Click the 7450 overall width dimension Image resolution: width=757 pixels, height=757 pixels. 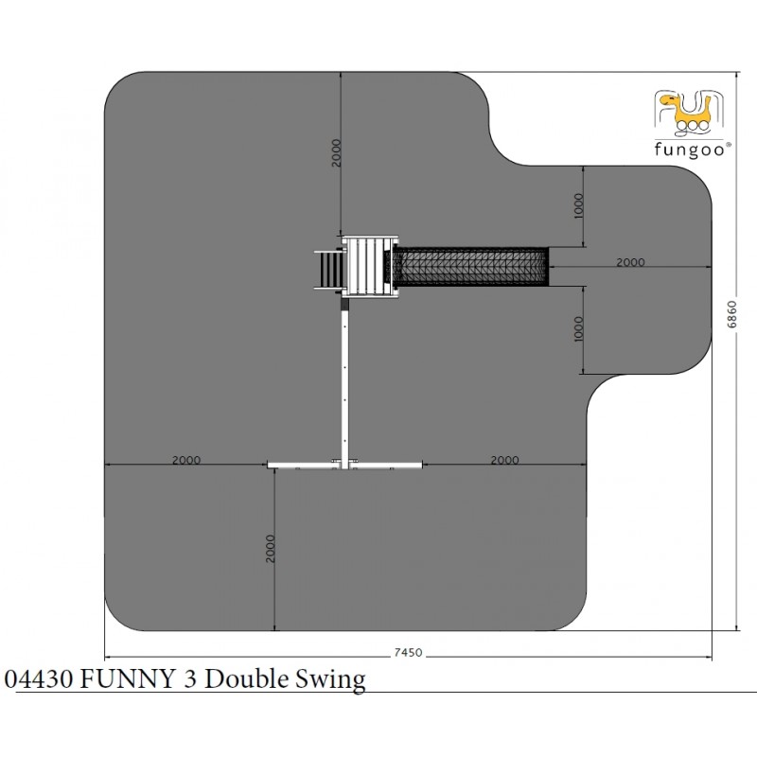coord(408,652)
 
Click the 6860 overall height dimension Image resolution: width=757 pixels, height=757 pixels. coord(732,314)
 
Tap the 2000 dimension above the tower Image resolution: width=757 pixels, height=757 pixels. coord(337,153)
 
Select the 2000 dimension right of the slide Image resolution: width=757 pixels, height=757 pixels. coord(630,262)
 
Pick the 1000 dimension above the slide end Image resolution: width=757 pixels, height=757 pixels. coord(579,205)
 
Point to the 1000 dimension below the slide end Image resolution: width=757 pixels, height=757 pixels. coord(579,328)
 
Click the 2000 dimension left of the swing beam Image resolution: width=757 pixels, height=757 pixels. coord(186,460)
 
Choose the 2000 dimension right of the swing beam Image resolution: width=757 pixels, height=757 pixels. coord(504,460)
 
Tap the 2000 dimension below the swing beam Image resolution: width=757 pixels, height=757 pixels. coord(271,549)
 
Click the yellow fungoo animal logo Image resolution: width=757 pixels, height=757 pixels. coord(689,113)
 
